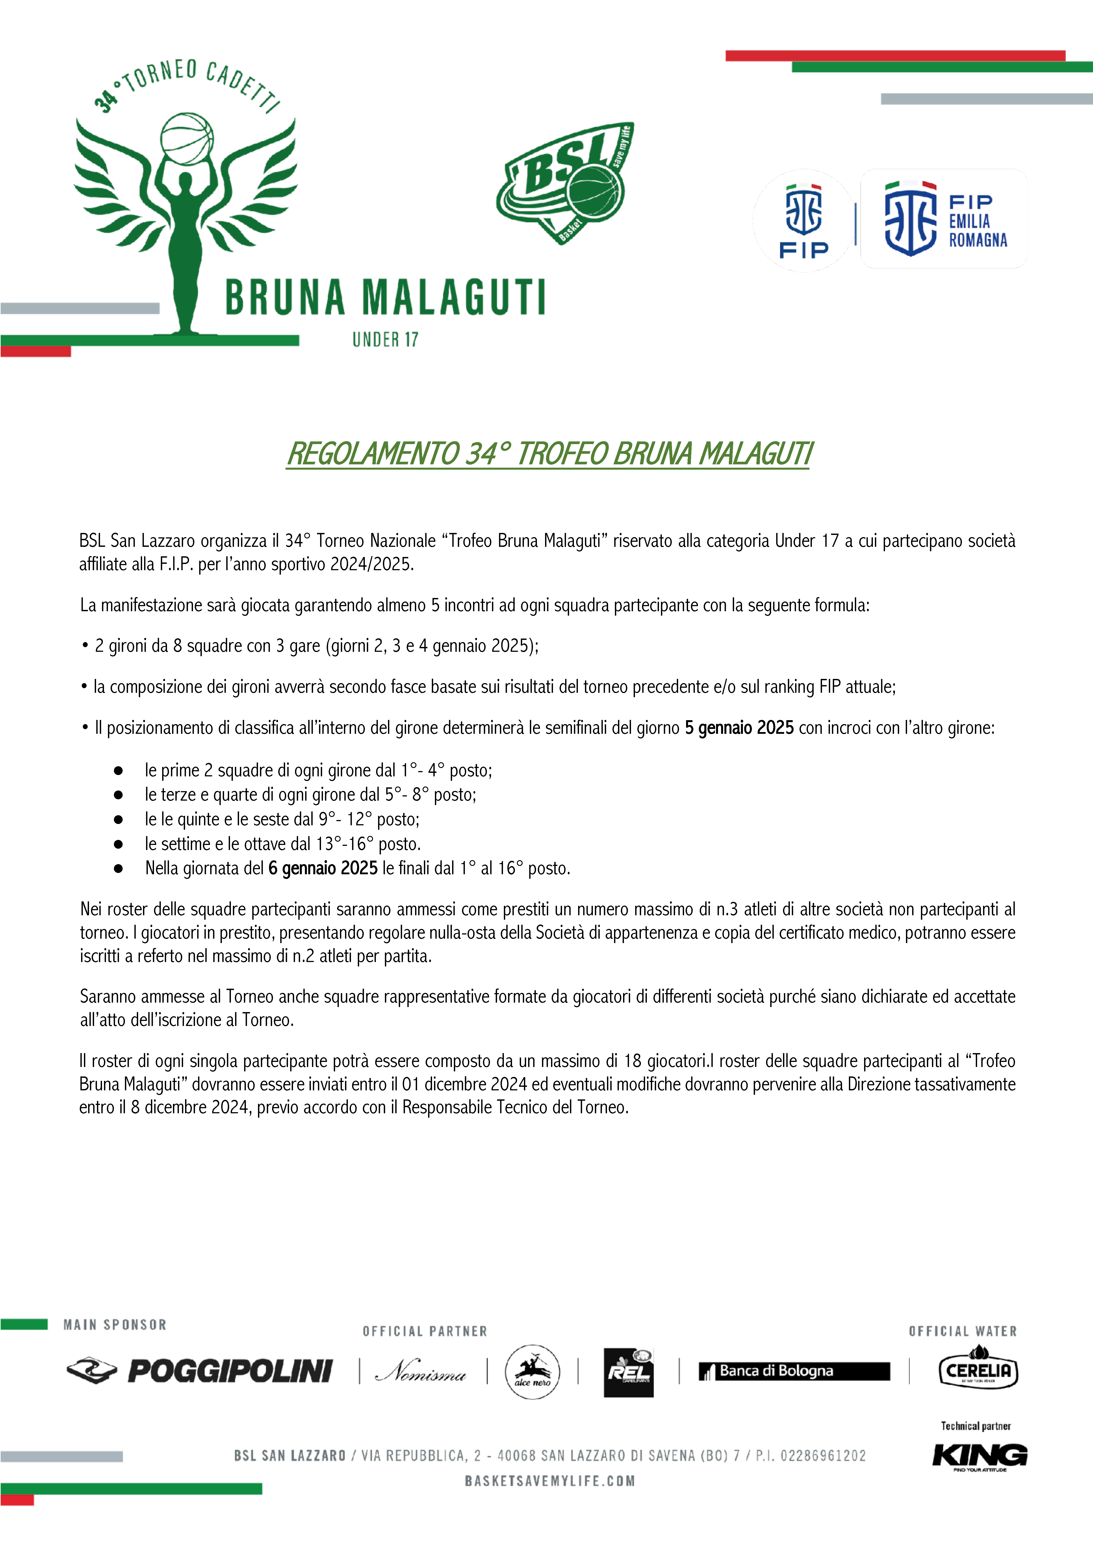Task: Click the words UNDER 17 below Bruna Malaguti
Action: pyautogui.click(x=385, y=340)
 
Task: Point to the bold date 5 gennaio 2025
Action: pyautogui.click(x=739, y=728)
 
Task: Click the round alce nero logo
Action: pyautogui.click(x=532, y=1372)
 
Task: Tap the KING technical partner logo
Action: pyautogui.click(x=980, y=1455)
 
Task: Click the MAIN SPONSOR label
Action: pyautogui.click(x=115, y=1325)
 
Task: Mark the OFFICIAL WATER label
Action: pyautogui.click(x=962, y=1331)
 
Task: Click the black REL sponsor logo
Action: pyautogui.click(x=628, y=1372)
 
